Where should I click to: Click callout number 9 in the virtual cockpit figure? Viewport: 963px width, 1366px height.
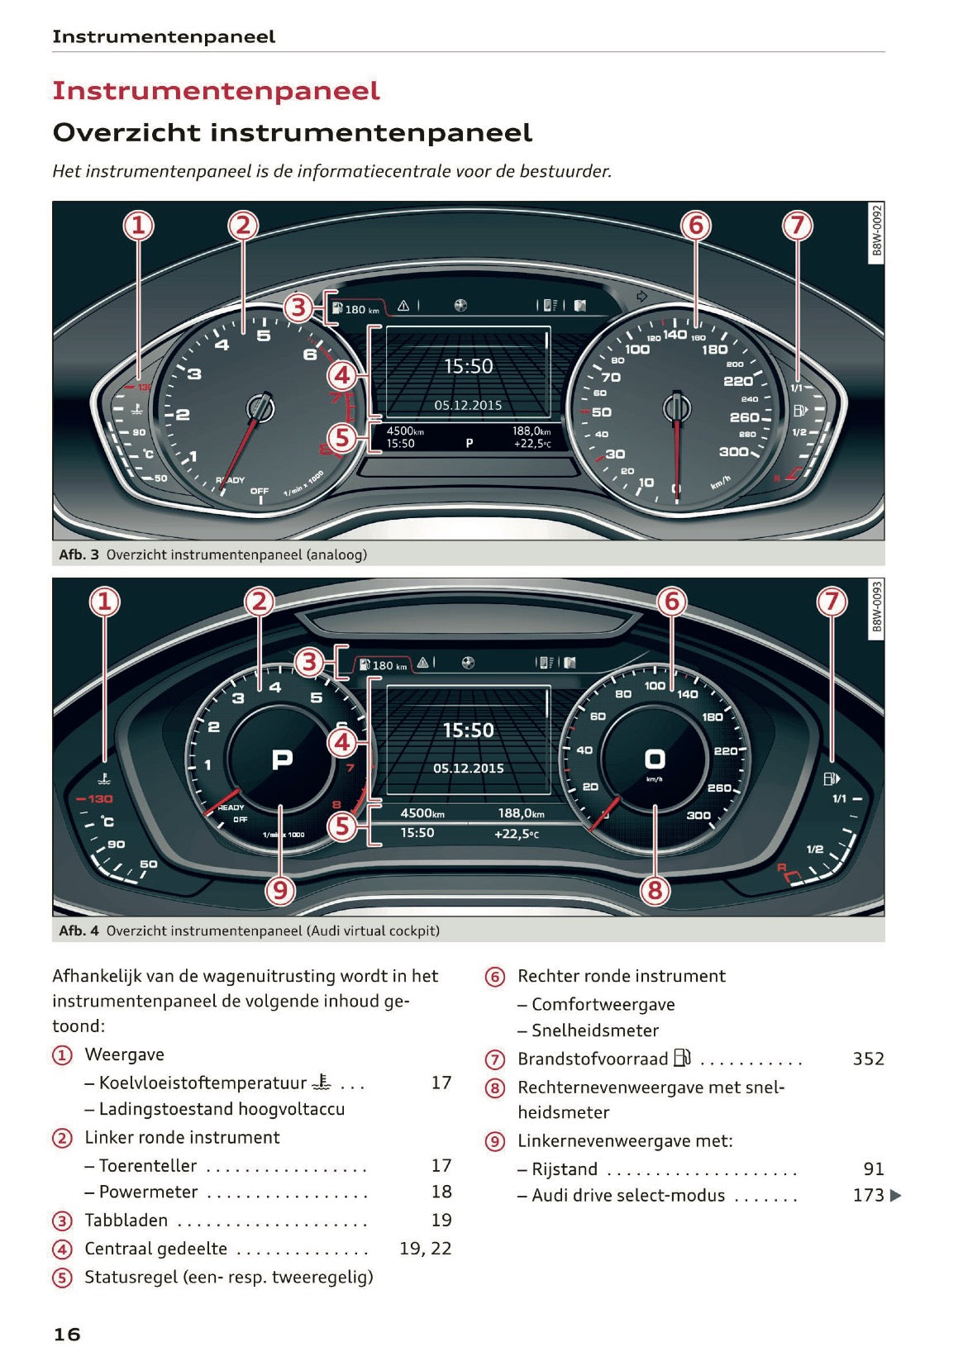pyautogui.click(x=280, y=890)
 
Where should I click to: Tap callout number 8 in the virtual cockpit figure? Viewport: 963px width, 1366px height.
pyautogui.click(x=655, y=890)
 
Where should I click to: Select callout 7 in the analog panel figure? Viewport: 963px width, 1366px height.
pyautogui.click(x=797, y=225)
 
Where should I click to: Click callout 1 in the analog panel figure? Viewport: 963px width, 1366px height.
pyautogui.click(x=139, y=225)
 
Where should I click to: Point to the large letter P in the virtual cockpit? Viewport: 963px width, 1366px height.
pyautogui.click(x=282, y=759)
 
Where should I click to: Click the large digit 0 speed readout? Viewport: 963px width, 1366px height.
pyautogui.click(x=655, y=759)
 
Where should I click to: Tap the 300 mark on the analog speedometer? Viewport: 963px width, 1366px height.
pyautogui.click(x=733, y=451)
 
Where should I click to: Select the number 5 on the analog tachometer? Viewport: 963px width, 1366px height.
pyautogui.click(x=263, y=335)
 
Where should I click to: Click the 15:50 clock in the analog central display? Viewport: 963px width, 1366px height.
pyautogui.click(x=468, y=366)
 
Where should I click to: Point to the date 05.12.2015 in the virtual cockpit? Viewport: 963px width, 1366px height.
pyautogui.click(x=468, y=768)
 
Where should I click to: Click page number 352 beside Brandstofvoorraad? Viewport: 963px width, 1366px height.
pyautogui.click(x=868, y=1059)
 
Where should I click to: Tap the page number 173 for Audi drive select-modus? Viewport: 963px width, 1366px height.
pyautogui.click(x=868, y=1195)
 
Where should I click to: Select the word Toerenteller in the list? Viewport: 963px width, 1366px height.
pyautogui.click(x=148, y=1165)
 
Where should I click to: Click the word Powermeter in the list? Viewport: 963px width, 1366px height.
pyautogui.click(x=149, y=1192)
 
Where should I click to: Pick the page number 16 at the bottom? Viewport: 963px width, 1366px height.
pyautogui.click(x=67, y=1334)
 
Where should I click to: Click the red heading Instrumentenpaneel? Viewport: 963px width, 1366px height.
pyautogui.click(x=216, y=90)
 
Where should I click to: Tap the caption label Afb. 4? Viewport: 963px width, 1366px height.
pyautogui.click(x=79, y=930)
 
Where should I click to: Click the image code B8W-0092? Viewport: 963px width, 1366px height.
pyautogui.click(x=877, y=232)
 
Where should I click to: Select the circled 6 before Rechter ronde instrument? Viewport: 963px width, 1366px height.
pyautogui.click(x=494, y=977)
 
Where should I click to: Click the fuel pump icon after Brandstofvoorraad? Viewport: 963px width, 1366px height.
pyautogui.click(x=682, y=1058)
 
